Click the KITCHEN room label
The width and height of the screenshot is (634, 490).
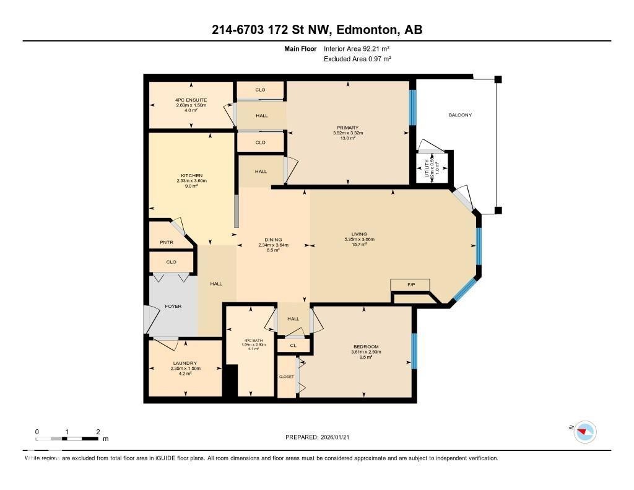[191, 175]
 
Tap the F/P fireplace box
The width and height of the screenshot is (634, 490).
[410, 285]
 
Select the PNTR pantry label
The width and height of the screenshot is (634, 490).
[167, 242]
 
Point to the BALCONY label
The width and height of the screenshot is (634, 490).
[459, 115]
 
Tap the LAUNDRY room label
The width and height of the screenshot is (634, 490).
[185, 363]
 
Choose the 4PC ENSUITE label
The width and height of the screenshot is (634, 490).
[191, 100]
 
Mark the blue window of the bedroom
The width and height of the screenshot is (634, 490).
[414, 351]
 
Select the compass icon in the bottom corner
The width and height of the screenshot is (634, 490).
[584, 431]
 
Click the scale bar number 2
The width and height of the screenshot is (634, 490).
[98, 431]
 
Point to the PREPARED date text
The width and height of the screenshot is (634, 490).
[321, 437]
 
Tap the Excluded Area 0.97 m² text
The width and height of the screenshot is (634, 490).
[357, 59]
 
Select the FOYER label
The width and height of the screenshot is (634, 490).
[173, 306]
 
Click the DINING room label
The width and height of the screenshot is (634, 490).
[273, 240]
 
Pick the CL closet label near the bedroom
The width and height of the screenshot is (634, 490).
[293, 346]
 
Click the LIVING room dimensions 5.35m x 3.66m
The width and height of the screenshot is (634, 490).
[359, 239]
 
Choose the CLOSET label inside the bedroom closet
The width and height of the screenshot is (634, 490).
[286, 377]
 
